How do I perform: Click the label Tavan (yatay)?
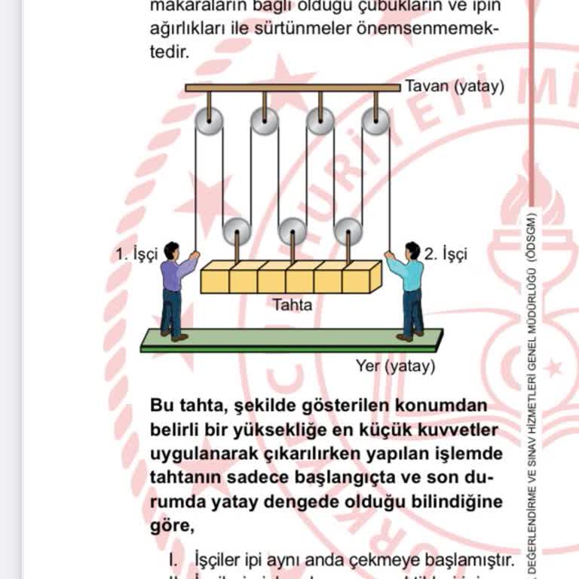(x=454, y=86)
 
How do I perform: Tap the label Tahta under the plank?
(x=292, y=305)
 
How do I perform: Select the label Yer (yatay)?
(x=395, y=367)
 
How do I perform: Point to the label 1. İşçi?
(x=136, y=255)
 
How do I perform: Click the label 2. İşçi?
(x=445, y=255)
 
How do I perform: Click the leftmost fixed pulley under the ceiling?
(x=209, y=121)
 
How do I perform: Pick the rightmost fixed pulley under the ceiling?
(x=375, y=121)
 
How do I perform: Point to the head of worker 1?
(x=172, y=250)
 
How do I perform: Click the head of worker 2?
(x=412, y=250)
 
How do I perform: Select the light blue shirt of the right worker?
(x=411, y=274)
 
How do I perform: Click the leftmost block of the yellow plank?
(x=215, y=278)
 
